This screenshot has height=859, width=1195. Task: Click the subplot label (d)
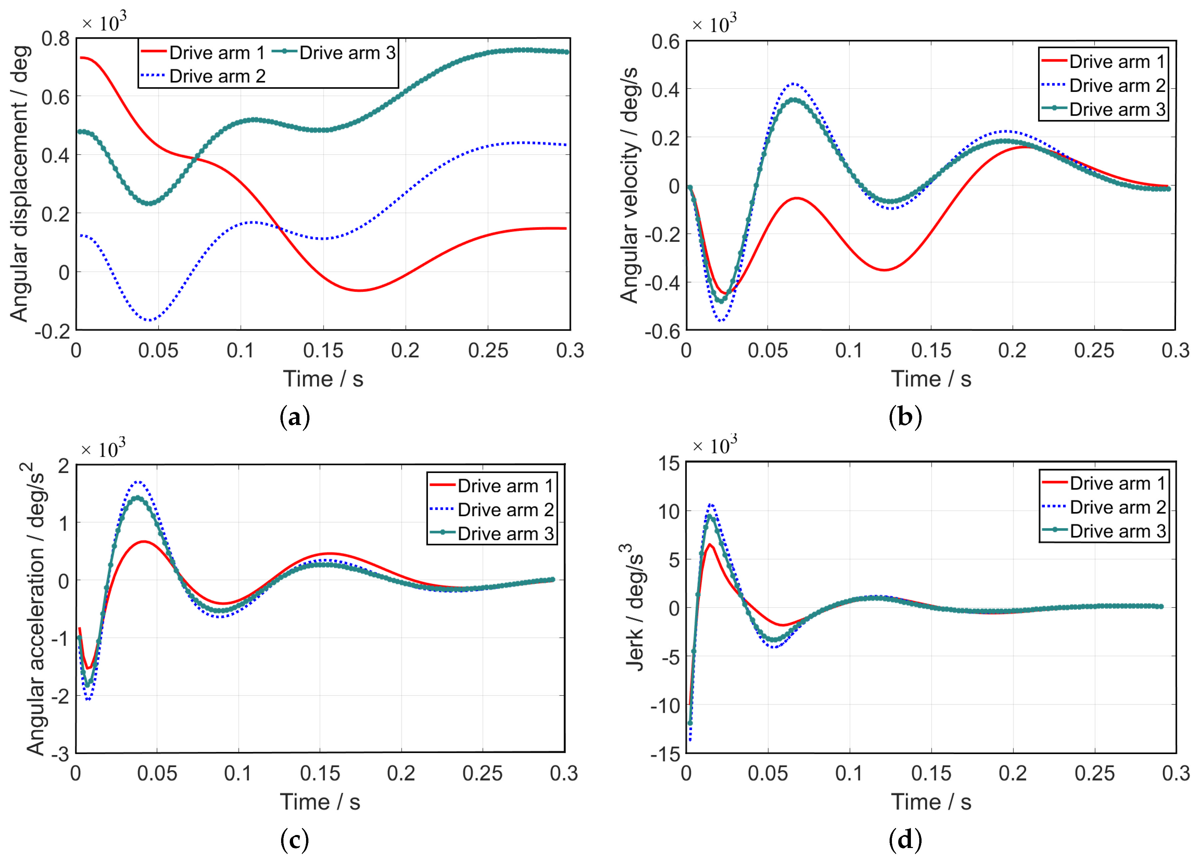[905, 839]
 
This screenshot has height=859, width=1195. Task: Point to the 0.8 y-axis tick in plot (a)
[55, 39]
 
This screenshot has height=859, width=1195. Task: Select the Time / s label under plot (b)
[931, 379]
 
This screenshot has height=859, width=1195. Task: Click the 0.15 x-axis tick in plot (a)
[323, 350]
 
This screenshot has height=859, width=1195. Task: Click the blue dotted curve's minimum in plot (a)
[150, 320]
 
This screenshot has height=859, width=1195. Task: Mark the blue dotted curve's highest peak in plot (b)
[794, 83]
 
